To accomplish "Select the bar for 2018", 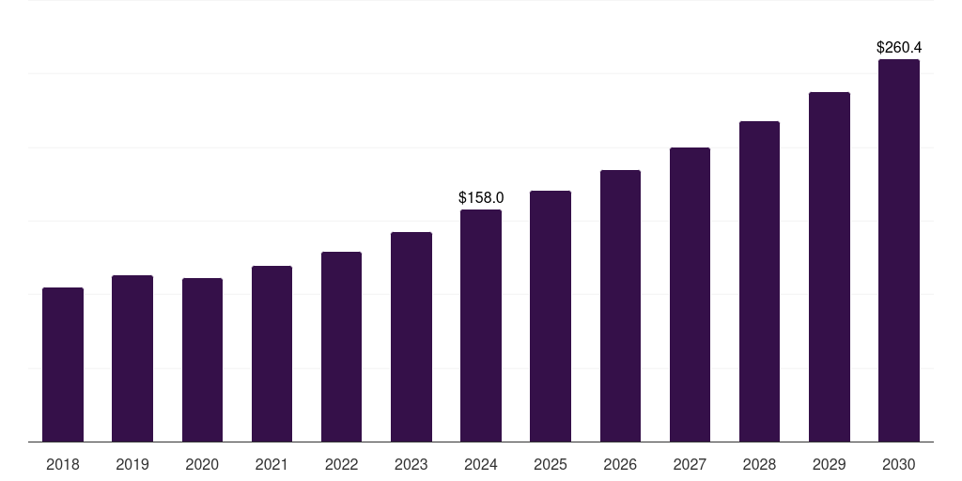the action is pos(63,365).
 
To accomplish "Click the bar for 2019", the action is pos(132,358).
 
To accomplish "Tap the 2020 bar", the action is pos(203,360).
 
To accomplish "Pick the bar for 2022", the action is pos(341,347).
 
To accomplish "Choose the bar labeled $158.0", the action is pos(481,326).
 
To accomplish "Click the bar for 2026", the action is pos(620,306).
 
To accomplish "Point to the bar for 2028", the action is pos(759,282).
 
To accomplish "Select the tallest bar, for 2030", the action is pos(899,250).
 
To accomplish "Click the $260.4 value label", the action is pos(899,47).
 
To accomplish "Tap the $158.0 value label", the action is pos(481,197).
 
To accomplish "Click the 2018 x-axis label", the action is pos(63,464).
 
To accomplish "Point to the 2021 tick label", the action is pos(272,464).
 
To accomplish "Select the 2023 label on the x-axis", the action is pos(411,464).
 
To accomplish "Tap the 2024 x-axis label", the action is pos(481,464).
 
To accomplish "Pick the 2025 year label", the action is pos(551,464).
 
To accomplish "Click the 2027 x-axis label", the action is pos(690,464).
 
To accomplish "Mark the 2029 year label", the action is pos(830,464).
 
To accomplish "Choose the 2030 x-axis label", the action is pos(899,464).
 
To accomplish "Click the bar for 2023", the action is pos(411,337).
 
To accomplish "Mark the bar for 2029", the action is pos(830,267).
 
